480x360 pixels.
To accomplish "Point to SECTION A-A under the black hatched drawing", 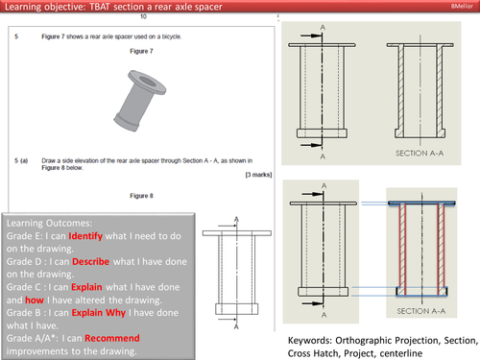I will pyautogui.click(x=423, y=153).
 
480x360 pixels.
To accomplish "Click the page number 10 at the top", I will pyautogui.click(x=143, y=17).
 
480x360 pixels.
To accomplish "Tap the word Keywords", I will pyautogui.click(x=314, y=340).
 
